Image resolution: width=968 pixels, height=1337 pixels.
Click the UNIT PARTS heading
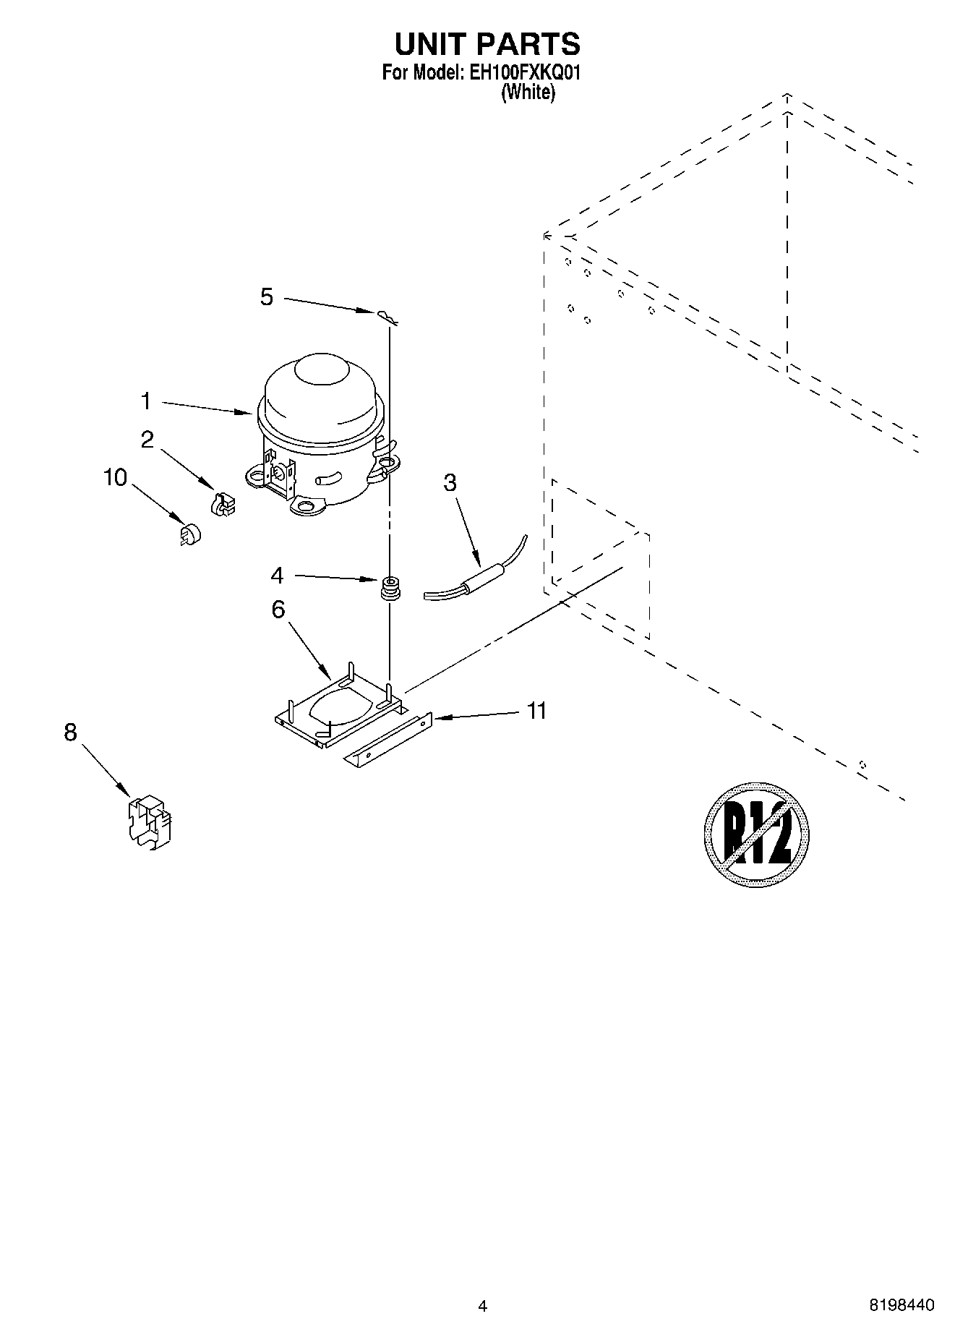487,44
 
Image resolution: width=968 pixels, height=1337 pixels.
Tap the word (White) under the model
528,93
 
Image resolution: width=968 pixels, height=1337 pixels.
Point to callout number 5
267,297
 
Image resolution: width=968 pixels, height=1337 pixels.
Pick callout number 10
116,478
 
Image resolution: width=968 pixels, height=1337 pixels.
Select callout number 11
536,711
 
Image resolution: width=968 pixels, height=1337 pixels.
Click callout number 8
70,732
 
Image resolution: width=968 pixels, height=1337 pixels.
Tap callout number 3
450,483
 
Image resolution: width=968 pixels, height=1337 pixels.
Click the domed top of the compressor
318,383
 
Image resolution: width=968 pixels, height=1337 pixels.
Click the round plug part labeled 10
189,534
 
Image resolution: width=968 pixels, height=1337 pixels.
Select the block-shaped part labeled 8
150,822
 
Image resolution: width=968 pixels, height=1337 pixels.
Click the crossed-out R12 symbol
756,834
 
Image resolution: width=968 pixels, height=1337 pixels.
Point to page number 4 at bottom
483,1305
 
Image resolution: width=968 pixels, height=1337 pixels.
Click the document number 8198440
901,1305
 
